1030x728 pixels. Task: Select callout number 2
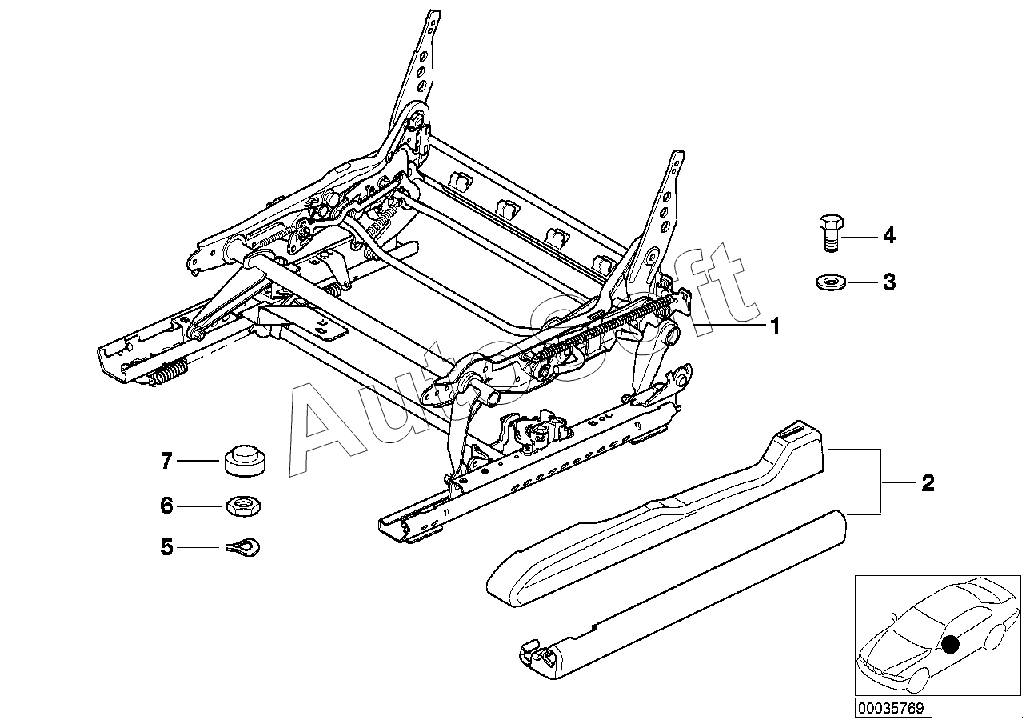tap(928, 483)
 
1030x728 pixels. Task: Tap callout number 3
tap(889, 282)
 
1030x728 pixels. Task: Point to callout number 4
tap(889, 236)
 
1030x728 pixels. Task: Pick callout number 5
tap(167, 547)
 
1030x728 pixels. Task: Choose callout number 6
tap(167, 506)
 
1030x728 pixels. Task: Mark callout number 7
tap(167, 461)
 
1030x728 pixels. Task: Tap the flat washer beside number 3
tap(828, 282)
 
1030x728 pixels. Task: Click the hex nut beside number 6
tap(242, 506)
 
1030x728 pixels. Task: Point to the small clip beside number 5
tap(244, 547)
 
